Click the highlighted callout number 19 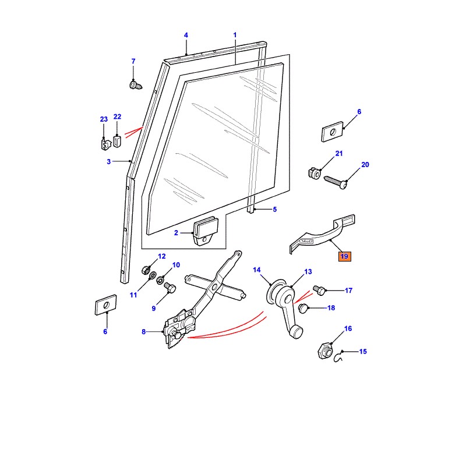(344, 256)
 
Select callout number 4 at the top (186, 36)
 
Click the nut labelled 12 (146, 270)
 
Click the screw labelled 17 (319, 289)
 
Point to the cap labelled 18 (303, 309)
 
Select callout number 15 (363, 352)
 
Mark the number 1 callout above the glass (235, 36)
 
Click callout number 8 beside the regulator (144, 332)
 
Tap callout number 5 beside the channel (274, 209)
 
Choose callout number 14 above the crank (256, 270)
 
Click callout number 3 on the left (108, 162)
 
